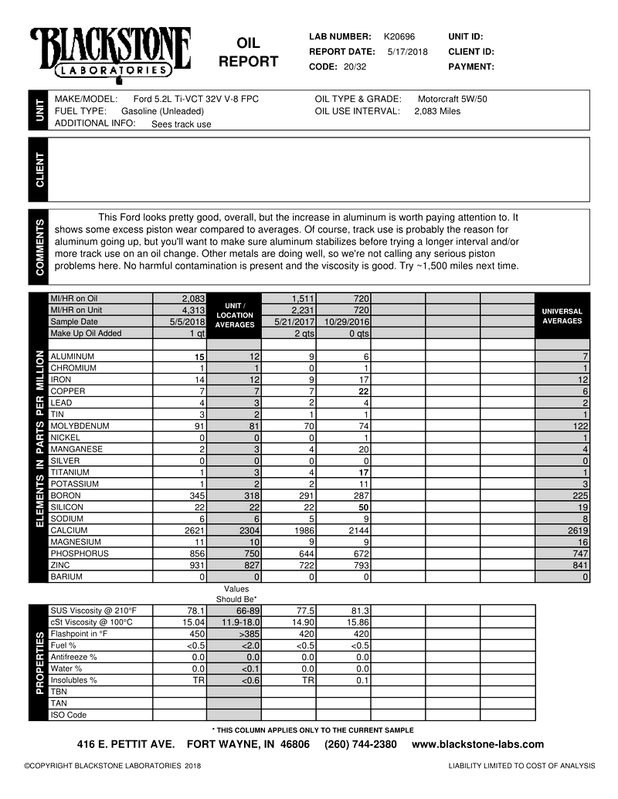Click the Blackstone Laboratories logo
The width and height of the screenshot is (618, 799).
[110, 52]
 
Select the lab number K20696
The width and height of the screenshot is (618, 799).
[399, 36]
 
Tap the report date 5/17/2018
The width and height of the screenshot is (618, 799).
[407, 52]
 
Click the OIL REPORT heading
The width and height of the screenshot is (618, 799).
[248, 52]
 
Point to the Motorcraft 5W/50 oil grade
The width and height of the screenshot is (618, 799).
[452, 99]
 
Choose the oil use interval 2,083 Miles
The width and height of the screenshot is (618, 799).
[436, 111]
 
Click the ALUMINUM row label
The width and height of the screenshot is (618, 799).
[72, 357]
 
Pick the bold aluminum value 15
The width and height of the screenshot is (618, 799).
[199, 357]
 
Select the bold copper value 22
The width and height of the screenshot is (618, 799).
[362, 391]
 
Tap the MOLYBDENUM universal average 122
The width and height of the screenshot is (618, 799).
[580, 426]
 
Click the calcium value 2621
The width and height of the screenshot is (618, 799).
[192, 530]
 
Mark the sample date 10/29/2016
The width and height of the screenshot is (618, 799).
[346, 322]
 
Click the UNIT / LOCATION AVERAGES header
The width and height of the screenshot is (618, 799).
[234, 315]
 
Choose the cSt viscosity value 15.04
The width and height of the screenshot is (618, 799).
[192, 622]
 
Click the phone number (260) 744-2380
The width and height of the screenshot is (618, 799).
[361, 745]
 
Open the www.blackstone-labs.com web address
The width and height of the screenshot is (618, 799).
[477, 745]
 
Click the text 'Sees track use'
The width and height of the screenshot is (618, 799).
[181, 124]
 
